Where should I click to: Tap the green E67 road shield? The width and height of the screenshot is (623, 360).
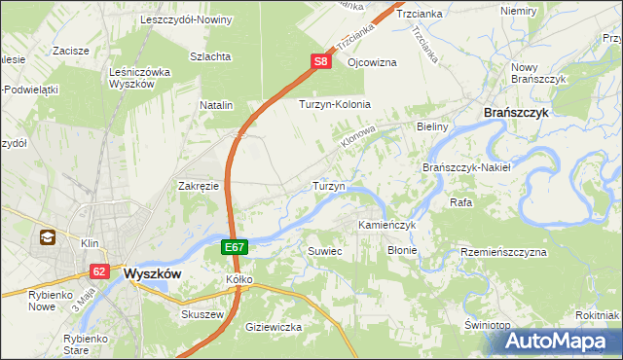[x=234, y=248]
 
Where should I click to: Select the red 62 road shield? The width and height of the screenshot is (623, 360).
[x=99, y=271]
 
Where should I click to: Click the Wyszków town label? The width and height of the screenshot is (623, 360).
[x=153, y=274]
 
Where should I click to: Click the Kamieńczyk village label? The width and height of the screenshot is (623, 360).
[x=386, y=225]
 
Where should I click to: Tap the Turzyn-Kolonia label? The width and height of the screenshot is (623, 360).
[x=336, y=104]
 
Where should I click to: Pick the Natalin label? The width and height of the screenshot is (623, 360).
[x=216, y=104]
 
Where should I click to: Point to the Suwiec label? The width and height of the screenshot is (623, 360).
[x=325, y=250]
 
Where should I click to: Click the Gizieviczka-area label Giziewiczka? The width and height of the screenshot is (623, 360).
[x=274, y=327]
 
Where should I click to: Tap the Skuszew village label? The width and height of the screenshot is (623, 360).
[x=202, y=315]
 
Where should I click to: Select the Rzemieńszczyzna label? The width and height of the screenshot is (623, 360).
[x=504, y=252]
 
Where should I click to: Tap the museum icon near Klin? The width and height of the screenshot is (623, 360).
[x=46, y=236]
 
